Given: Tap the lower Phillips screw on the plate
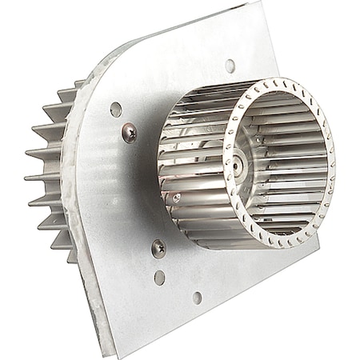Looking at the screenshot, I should pyautogui.click(x=158, y=249).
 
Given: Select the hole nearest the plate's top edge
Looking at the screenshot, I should pyautogui.click(x=230, y=66).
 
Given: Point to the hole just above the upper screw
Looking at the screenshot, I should pyautogui.click(x=116, y=109).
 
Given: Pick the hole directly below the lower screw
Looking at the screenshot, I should pyautogui.click(x=160, y=277).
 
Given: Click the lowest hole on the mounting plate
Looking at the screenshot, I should pyautogui.click(x=198, y=298).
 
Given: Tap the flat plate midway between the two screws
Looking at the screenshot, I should pyautogui.click(x=142, y=189).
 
